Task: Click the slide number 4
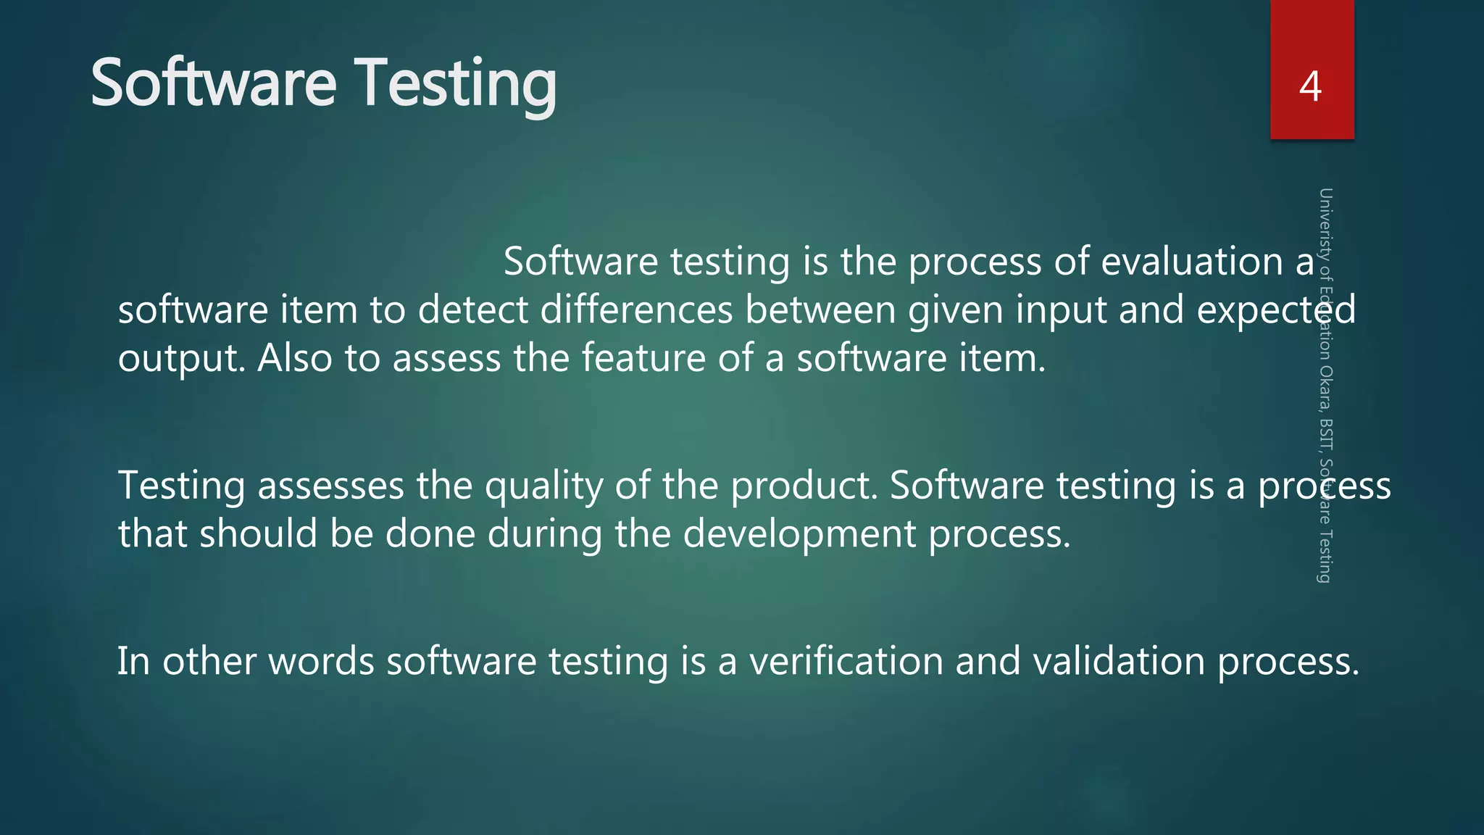1310,86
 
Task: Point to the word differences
636,310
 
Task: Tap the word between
820,310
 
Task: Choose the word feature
643,358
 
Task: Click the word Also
295,358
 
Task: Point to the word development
799,535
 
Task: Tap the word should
259,533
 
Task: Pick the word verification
846,661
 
